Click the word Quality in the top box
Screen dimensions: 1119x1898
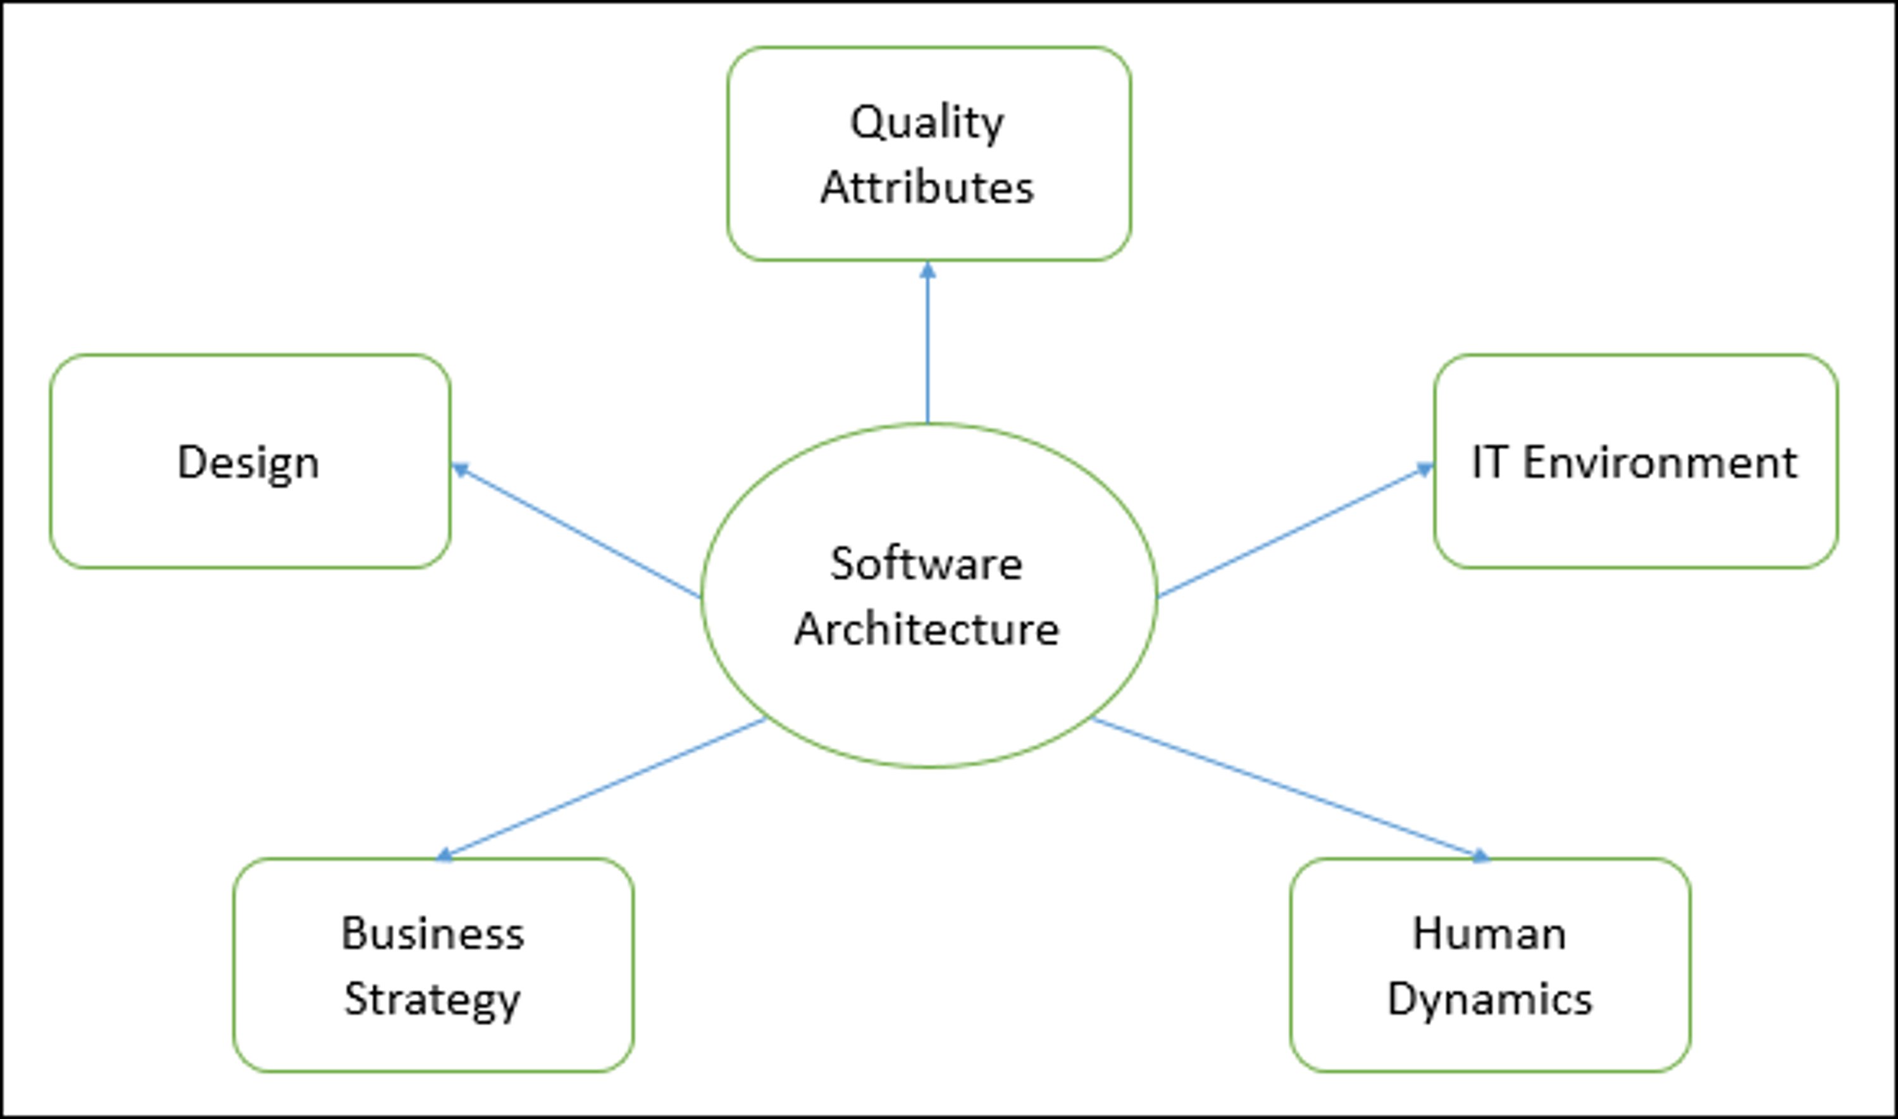click(926, 123)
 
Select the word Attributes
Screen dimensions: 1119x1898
click(927, 188)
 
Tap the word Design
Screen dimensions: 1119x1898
click(248, 463)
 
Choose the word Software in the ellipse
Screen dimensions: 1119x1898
click(926, 563)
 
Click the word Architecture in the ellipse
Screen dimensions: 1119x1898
click(926, 629)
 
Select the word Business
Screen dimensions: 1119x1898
click(432, 934)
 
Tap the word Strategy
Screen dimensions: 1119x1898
click(432, 1000)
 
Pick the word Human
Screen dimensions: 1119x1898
click(1489, 934)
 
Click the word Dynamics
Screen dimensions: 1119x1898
click(1489, 1000)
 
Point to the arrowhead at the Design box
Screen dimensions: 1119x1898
click(460, 469)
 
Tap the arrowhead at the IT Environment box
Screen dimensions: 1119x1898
click(1424, 469)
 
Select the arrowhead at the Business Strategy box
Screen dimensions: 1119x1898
click(445, 855)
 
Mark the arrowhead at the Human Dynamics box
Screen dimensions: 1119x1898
click(1480, 856)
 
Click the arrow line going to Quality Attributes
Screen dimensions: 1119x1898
click(928, 347)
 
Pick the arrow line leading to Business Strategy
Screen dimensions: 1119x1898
click(603, 788)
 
